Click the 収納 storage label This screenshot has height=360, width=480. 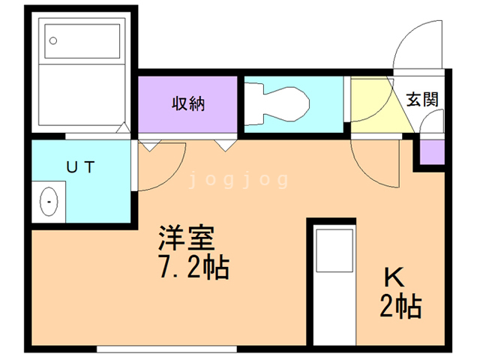point(187,104)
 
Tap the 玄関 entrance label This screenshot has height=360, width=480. point(421,99)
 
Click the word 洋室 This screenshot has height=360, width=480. point(186,239)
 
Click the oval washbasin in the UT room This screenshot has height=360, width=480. point(49,201)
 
